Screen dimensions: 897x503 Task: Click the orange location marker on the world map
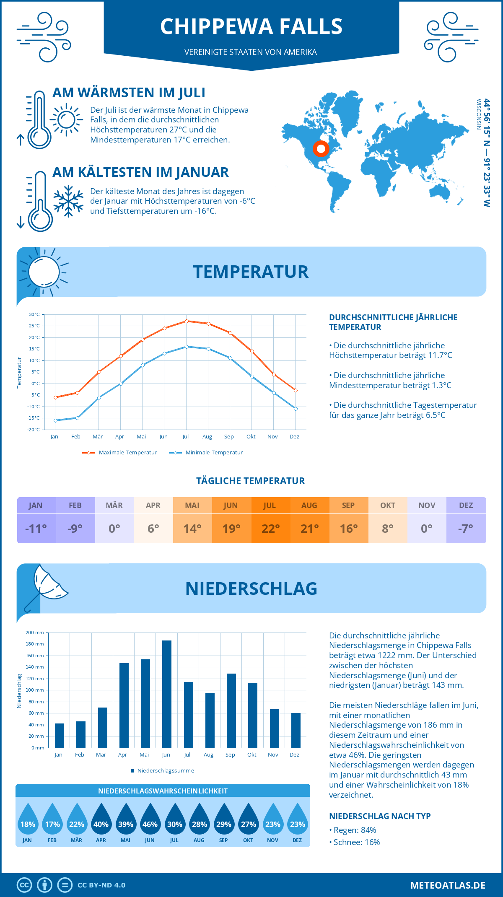[321, 148]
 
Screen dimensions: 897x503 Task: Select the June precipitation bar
[167, 694]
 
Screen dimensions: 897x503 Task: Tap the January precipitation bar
[60, 736]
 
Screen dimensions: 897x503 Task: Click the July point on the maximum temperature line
[187, 321]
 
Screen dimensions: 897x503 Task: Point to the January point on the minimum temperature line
[55, 420]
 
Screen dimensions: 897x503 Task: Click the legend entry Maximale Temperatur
[120, 453]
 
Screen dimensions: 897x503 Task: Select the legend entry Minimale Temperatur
[206, 453]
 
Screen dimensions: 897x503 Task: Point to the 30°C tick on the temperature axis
[34, 314]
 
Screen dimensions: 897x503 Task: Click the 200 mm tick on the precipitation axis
[35, 633]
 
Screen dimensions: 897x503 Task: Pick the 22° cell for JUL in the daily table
[270, 529]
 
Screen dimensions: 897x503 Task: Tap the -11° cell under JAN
[36, 529]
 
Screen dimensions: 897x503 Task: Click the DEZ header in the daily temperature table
[466, 506]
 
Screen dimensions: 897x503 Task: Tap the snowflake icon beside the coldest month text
[68, 201]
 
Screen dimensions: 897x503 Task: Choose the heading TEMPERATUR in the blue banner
[251, 272]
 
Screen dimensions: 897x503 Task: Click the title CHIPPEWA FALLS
[251, 26]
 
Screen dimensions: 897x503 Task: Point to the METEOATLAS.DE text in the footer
[448, 885]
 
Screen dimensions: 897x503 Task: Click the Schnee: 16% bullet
[356, 842]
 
